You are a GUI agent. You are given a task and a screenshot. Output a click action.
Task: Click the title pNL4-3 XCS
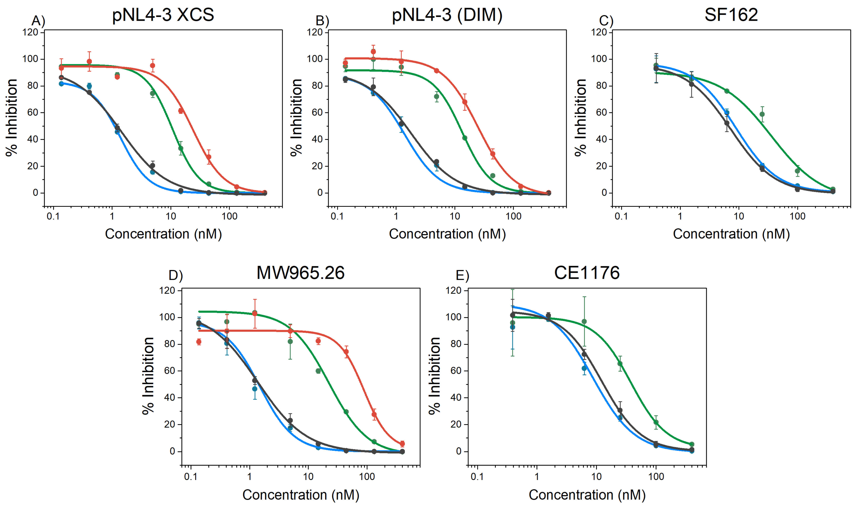pos(163,15)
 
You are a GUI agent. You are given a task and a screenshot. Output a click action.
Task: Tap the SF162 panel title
pos(731,15)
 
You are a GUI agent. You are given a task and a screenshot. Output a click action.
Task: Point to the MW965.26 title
pos(301,273)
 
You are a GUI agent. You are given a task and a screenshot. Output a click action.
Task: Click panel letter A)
pos(38,21)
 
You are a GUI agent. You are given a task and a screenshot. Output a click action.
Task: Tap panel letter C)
pos(606,21)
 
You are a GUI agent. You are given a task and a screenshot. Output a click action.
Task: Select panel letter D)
pos(176,275)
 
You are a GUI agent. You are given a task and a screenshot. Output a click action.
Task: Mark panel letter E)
pos(462,275)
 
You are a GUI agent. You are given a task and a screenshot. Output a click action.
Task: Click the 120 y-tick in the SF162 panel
pos(599,32)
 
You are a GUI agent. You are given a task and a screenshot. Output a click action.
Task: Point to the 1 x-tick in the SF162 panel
pos(680,216)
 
